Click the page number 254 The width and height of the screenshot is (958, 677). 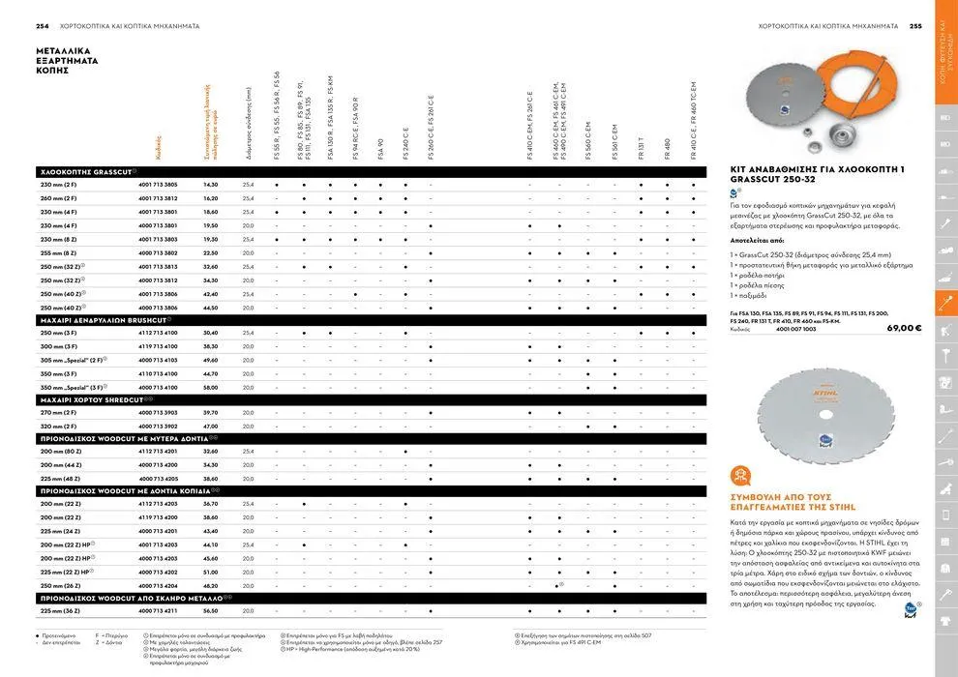(x=43, y=26)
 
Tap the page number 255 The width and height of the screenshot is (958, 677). (x=915, y=26)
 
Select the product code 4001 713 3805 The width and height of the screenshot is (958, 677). (x=158, y=184)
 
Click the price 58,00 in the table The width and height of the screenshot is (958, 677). (x=211, y=387)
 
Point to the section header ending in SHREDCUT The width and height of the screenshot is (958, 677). (x=96, y=399)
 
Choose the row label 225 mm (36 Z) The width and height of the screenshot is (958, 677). (x=60, y=611)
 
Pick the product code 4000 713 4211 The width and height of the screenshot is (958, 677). (x=158, y=611)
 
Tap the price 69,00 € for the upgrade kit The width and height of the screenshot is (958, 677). (x=904, y=329)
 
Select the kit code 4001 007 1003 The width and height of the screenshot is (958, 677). (x=795, y=329)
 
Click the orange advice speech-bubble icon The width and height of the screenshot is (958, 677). (x=741, y=475)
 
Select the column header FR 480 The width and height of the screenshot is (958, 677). (x=668, y=149)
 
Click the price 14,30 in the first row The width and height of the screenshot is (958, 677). (x=211, y=184)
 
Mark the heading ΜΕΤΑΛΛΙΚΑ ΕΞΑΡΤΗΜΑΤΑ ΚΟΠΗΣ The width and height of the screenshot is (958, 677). (x=67, y=59)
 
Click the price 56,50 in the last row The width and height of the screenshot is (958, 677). (x=211, y=611)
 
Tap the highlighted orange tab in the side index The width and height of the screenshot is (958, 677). (x=945, y=303)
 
